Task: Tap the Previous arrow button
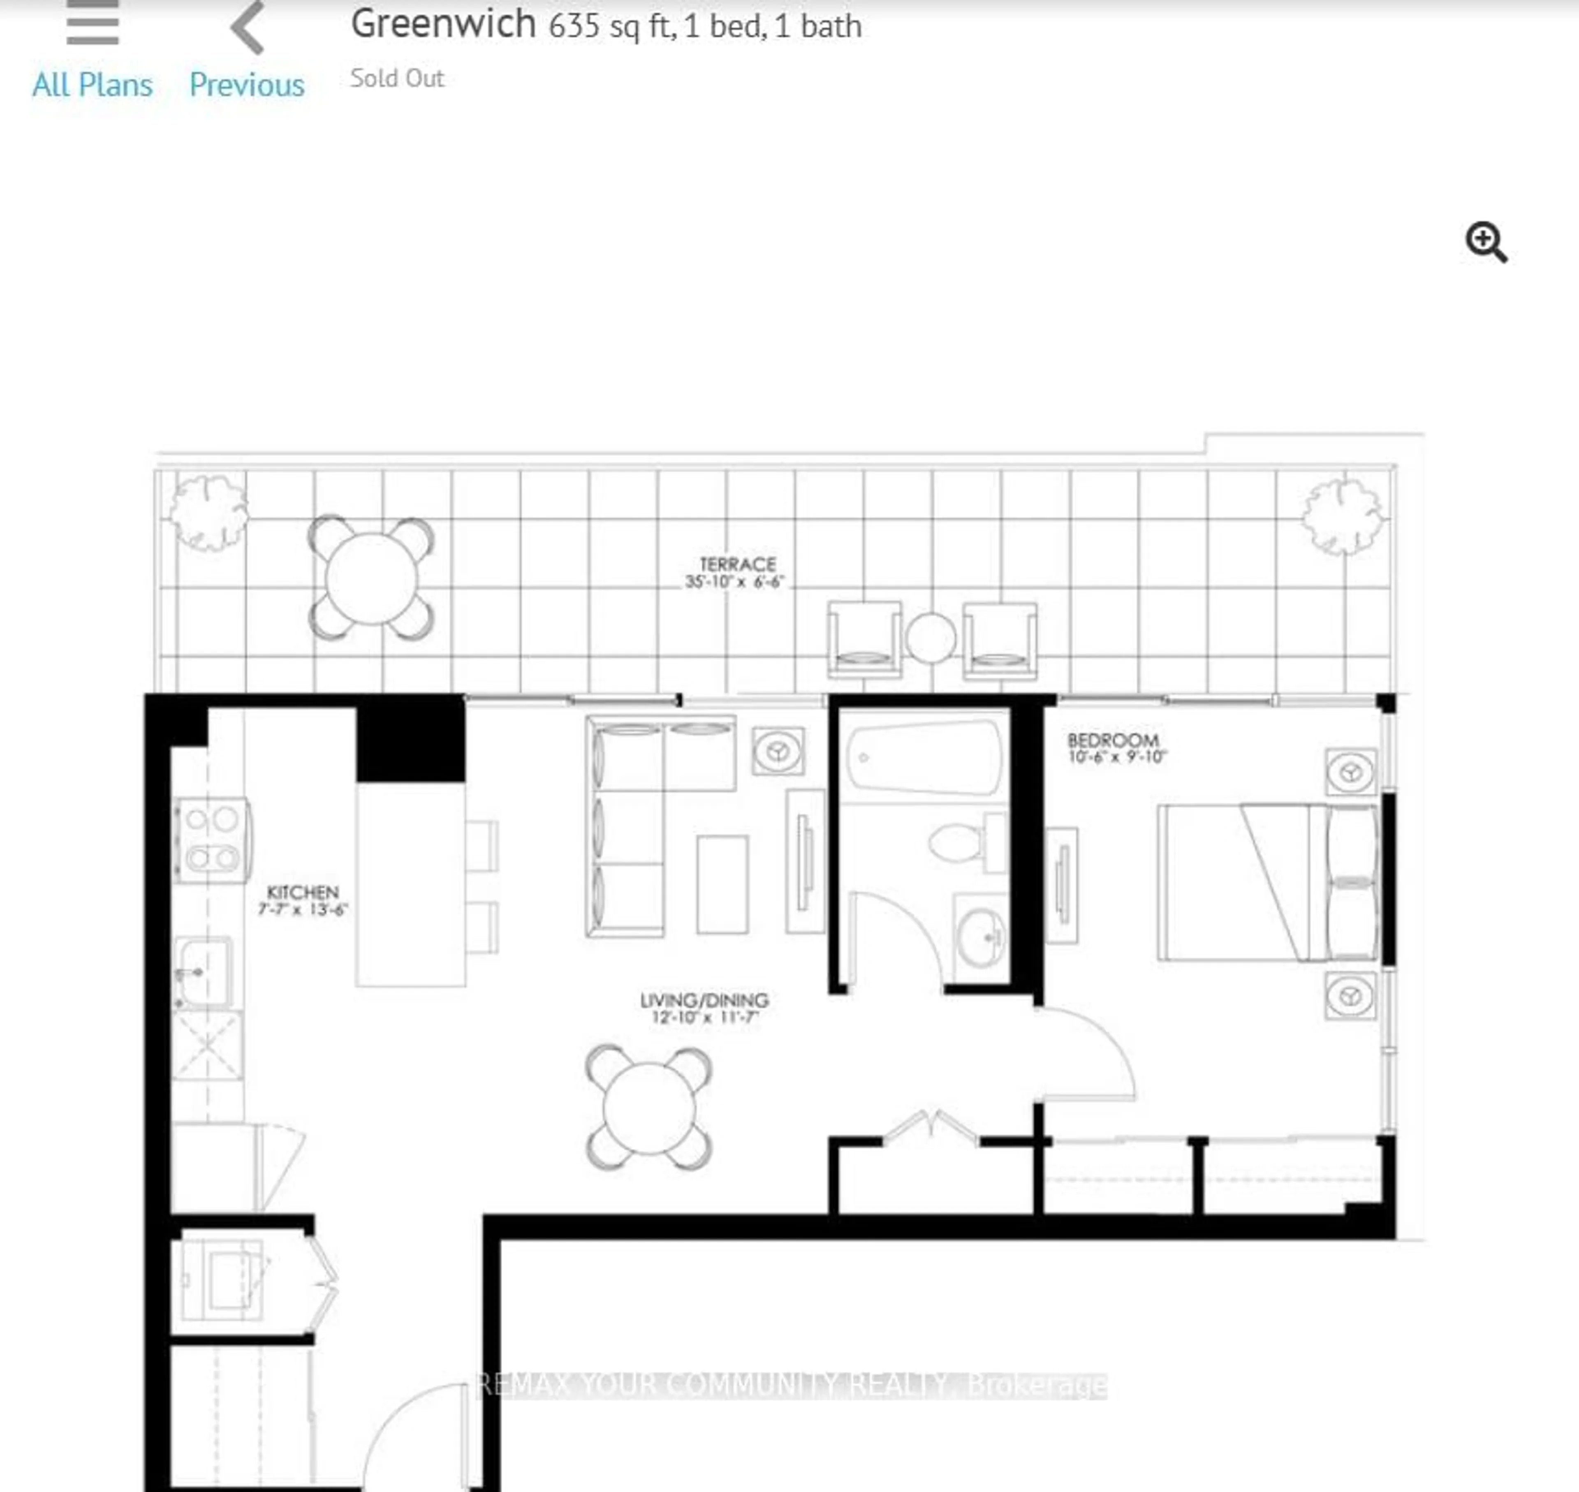(248, 29)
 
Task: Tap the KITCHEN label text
(302, 892)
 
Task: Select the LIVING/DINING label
(704, 1000)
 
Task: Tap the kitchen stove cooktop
(211, 839)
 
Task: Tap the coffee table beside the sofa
(722, 884)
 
